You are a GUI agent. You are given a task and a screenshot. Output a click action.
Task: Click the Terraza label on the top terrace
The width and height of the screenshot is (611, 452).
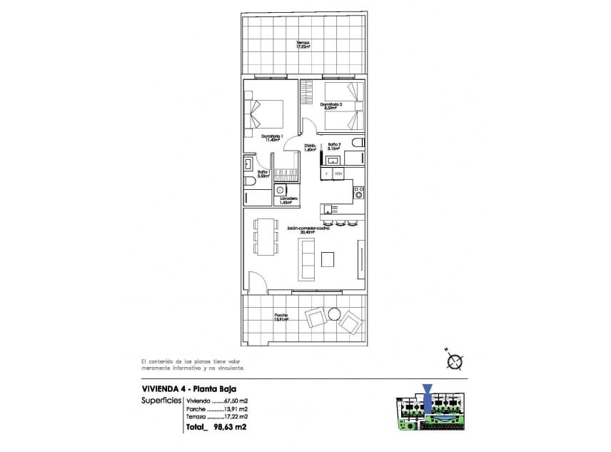point(304,45)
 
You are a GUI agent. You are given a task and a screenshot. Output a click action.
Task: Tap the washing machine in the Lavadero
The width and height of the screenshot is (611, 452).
point(281,191)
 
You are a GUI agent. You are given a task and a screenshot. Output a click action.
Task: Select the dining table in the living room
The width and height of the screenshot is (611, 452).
point(266,236)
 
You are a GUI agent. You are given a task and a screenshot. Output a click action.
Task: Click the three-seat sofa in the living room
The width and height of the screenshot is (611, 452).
point(306,259)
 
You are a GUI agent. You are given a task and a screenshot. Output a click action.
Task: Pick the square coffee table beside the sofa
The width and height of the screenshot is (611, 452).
point(330,258)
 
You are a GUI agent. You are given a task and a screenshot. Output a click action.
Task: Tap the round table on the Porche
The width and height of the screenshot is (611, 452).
point(334,313)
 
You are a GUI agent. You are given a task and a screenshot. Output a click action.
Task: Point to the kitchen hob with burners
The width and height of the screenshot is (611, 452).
point(359,192)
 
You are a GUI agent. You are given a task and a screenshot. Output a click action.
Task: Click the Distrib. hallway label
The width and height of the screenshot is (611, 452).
point(310,149)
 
